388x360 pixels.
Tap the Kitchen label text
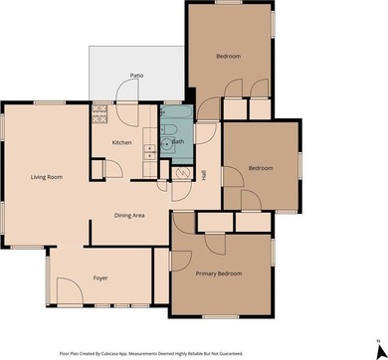point(121,143)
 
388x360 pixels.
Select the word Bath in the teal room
point(178,142)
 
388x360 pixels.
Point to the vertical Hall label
point(203,174)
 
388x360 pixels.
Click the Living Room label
point(47,177)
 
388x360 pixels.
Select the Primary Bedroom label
point(219,273)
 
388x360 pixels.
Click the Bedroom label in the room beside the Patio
point(229,57)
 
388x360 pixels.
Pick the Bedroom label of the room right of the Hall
point(260,168)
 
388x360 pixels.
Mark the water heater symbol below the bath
point(181,174)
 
